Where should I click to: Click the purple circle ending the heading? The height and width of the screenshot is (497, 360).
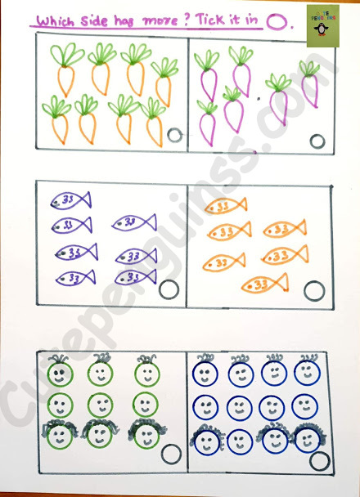pos(278,22)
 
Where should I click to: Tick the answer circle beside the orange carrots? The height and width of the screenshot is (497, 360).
pos(174,137)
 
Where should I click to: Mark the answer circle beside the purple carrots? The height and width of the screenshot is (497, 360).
pos(317,140)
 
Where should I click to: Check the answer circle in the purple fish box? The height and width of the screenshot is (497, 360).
pos(169,289)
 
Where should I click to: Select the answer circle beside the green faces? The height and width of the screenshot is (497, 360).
pos(171,455)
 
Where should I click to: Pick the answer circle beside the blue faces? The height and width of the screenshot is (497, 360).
pos(319,460)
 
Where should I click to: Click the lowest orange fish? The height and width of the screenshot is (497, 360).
pos(264,284)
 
